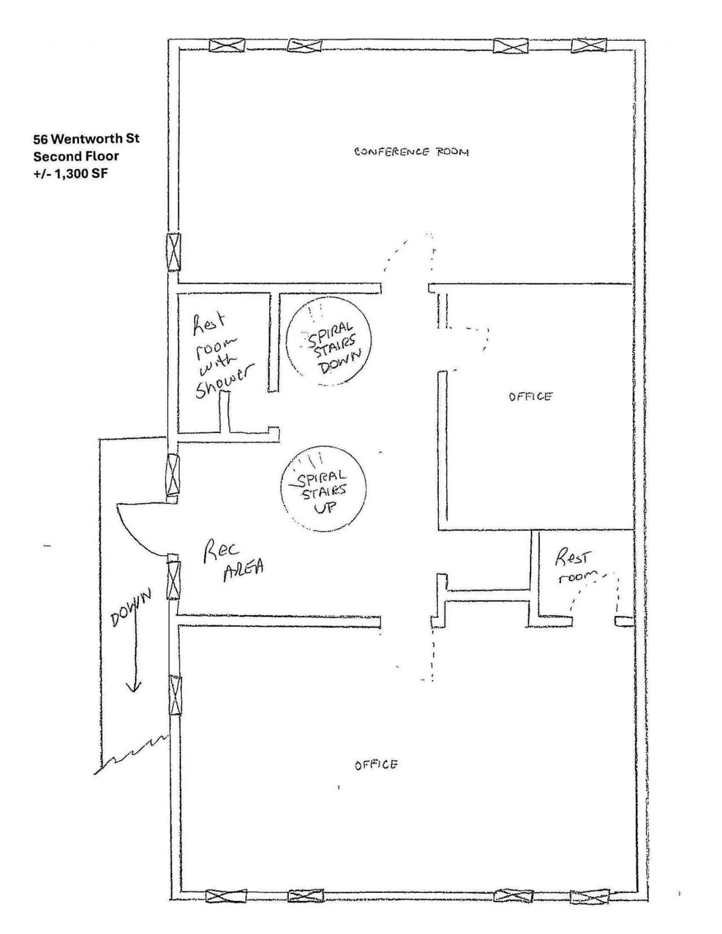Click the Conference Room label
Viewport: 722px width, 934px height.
coord(411,152)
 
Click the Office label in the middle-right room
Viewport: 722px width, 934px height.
coord(530,396)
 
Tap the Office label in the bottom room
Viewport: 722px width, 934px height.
coord(376,765)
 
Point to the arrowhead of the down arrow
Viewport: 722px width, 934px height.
coord(133,686)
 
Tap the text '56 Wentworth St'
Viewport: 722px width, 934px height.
coord(86,139)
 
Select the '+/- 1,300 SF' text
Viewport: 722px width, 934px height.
coord(70,174)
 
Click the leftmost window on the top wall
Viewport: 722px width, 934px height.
coord(227,45)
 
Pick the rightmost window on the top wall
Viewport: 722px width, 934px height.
coord(589,45)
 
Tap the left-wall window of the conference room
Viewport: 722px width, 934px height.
coord(174,252)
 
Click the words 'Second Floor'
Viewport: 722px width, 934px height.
coord(76,156)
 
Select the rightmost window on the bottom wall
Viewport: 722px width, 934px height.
coord(589,896)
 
